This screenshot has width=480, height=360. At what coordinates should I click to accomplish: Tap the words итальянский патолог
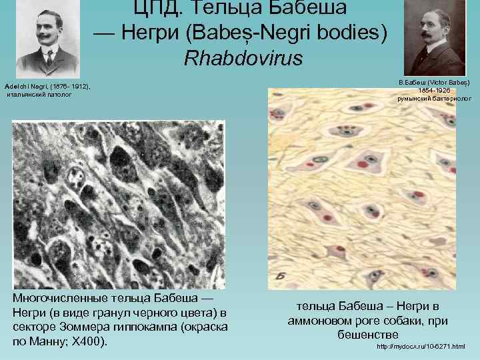click(39, 95)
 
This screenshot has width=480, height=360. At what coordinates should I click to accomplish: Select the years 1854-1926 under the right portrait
click(434, 89)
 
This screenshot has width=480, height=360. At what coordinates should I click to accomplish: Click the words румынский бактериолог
click(434, 98)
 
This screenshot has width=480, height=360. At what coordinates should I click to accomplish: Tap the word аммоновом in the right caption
click(321, 321)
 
